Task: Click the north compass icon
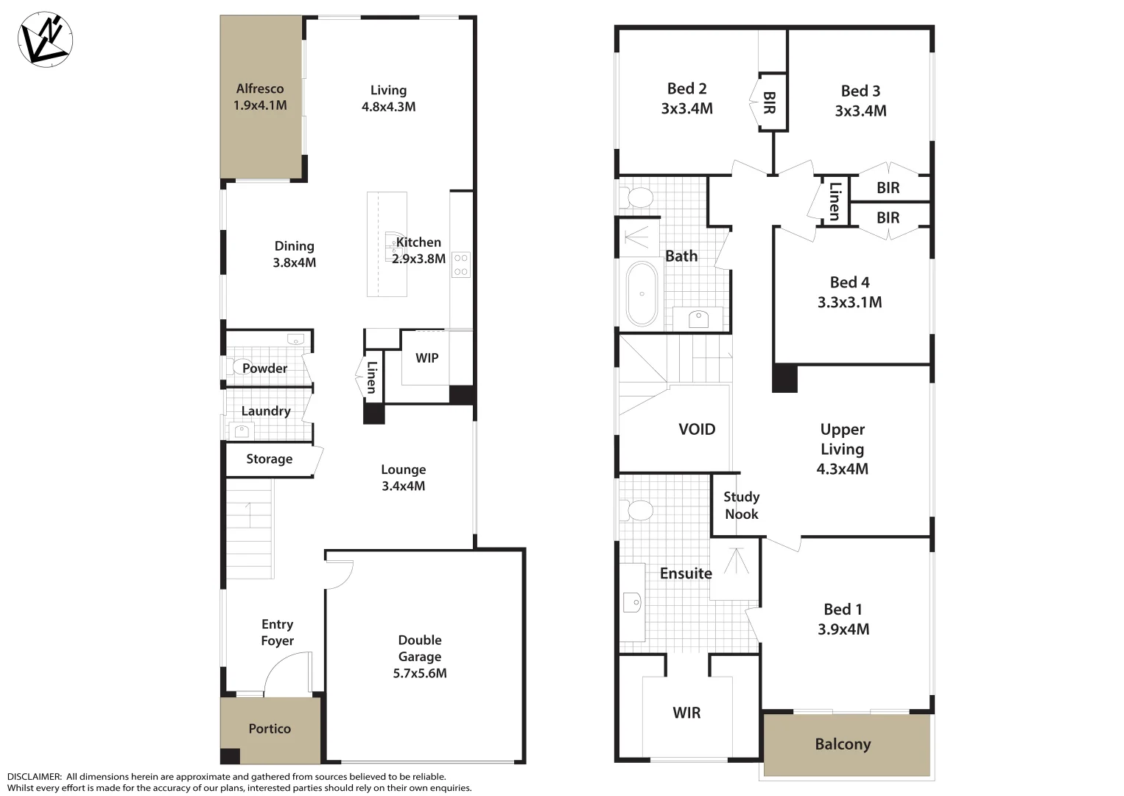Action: pyautogui.click(x=45, y=38)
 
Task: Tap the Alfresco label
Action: pyautogui.click(x=260, y=89)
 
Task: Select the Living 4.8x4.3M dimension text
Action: pyautogui.click(x=388, y=107)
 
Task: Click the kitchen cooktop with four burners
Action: pyautogui.click(x=461, y=265)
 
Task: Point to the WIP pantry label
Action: pyautogui.click(x=426, y=358)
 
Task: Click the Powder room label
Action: pyautogui.click(x=264, y=369)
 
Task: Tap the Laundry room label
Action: pyautogui.click(x=266, y=411)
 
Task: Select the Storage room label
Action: pyautogui.click(x=269, y=459)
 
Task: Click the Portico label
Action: pyautogui.click(x=270, y=729)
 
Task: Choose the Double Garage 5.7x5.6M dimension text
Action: pyautogui.click(x=420, y=674)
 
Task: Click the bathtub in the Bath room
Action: pyautogui.click(x=642, y=293)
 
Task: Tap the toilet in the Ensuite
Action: pyautogui.click(x=638, y=510)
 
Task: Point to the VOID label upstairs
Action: pyautogui.click(x=696, y=429)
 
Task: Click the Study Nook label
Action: pyautogui.click(x=741, y=506)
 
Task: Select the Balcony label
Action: pyautogui.click(x=843, y=744)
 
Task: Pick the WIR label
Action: pyautogui.click(x=686, y=713)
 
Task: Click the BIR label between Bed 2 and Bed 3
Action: pyautogui.click(x=770, y=102)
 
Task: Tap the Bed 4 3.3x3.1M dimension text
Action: pyautogui.click(x=849, y=302)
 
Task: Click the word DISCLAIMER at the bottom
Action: pyautogui.click(x=35, y=777)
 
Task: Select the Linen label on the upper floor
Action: pyautogui.click(x=835, y=200)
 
